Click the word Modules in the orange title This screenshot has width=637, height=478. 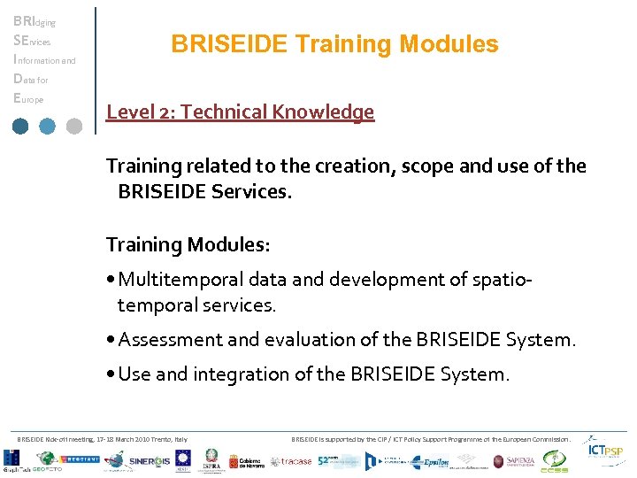[x=449, y=44]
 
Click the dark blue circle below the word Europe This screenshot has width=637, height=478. [x=21, y=126]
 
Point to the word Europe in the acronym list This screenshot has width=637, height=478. [x=28, y=99]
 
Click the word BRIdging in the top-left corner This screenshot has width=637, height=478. [x=34, y=21]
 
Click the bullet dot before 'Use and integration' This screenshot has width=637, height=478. [x=111, y=375]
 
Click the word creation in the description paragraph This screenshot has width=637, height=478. [x=342, y=166]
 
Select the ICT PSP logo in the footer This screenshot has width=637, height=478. [x=609, y=452]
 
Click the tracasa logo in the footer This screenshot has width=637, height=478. [x=290, y=461]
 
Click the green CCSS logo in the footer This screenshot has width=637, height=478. [x=555, y=461]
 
